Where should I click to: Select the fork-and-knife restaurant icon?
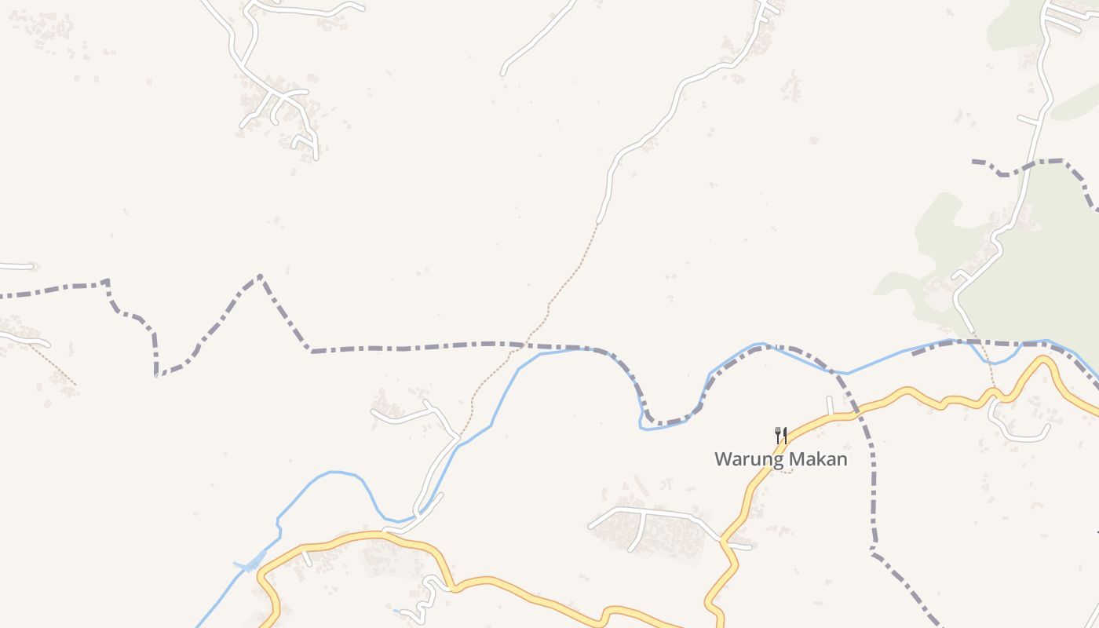pos(780,435)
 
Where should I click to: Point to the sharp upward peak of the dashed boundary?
pos(260,276)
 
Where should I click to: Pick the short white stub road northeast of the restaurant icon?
pos(830,406)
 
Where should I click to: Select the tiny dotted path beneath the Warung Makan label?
pos(784,471)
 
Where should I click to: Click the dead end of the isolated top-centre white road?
pos(503,74)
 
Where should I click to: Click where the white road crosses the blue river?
pos(418,514)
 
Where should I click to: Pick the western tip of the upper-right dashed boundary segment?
pos(973,162)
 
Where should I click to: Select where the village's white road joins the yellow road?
pos(723,541)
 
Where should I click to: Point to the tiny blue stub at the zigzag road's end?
pos(397,611)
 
